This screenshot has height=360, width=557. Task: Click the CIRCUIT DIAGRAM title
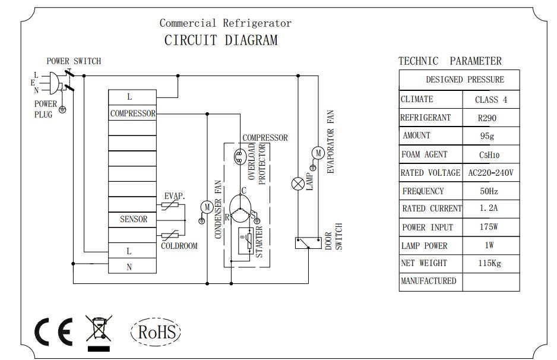pos(220,41)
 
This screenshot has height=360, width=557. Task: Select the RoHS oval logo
pos(155,331)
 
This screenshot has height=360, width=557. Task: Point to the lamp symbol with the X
pos(298,184)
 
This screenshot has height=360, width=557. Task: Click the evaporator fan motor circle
pos(318,153)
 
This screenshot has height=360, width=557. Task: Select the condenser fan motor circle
pos(206,207)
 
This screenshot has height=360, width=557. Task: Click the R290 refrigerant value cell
pos(487,118)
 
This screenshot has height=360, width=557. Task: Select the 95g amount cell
pos(487,136)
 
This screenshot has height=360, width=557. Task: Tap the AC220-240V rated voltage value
pos(490,173)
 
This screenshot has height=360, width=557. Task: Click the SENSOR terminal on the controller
pos(133,219)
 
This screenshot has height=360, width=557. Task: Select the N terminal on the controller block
pos(129,267)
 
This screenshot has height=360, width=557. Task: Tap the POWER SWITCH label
pos(74,61)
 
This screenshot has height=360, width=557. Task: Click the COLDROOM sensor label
pos(179,245)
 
